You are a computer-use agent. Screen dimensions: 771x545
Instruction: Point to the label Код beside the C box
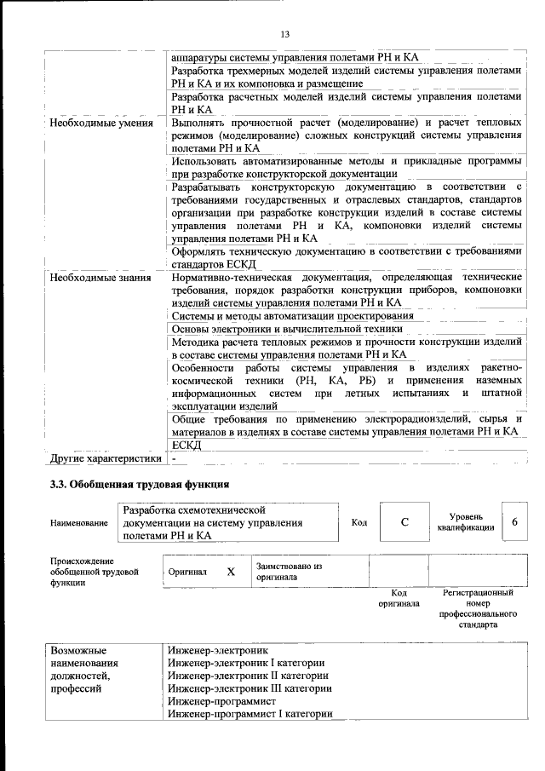(359, 522)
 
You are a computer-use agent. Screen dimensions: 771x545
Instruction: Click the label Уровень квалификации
(466, 522)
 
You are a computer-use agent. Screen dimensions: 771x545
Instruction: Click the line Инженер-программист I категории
(250, 714)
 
